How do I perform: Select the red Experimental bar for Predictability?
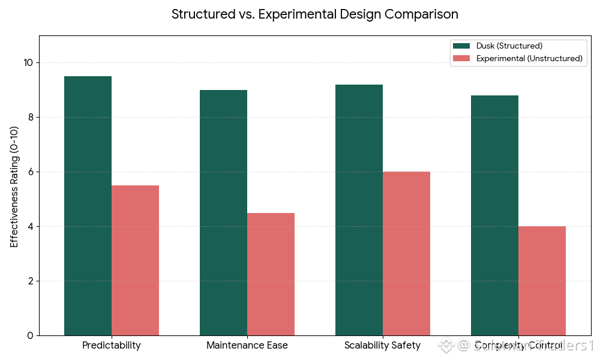[x=135, y=260]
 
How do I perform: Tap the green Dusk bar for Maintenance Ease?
[x=223, y=212]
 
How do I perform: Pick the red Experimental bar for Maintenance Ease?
[x=271, y=274]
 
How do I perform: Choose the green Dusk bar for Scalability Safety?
[x=359, y=210]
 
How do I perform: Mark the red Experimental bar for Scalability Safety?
[x=406, y=253]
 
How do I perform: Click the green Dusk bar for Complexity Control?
[x=494, y=215]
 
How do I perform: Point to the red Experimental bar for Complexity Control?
[x=542, y=281]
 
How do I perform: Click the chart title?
[x=315, y=14]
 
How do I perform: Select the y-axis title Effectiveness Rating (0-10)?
[x=14, y=185]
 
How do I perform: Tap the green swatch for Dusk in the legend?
[x=461, y=46]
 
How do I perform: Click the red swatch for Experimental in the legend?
[x=461, y=58]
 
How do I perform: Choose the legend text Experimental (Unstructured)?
[x=529, y=58]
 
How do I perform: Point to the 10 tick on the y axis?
[x=28, y=63]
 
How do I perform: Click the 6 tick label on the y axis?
[x=30, y=172]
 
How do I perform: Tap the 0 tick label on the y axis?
[x=30, y=335]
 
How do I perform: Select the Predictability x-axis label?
[x=112, y=346]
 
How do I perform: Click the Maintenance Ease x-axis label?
[x=247, y=346]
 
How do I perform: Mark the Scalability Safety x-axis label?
[x=383, y=346]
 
